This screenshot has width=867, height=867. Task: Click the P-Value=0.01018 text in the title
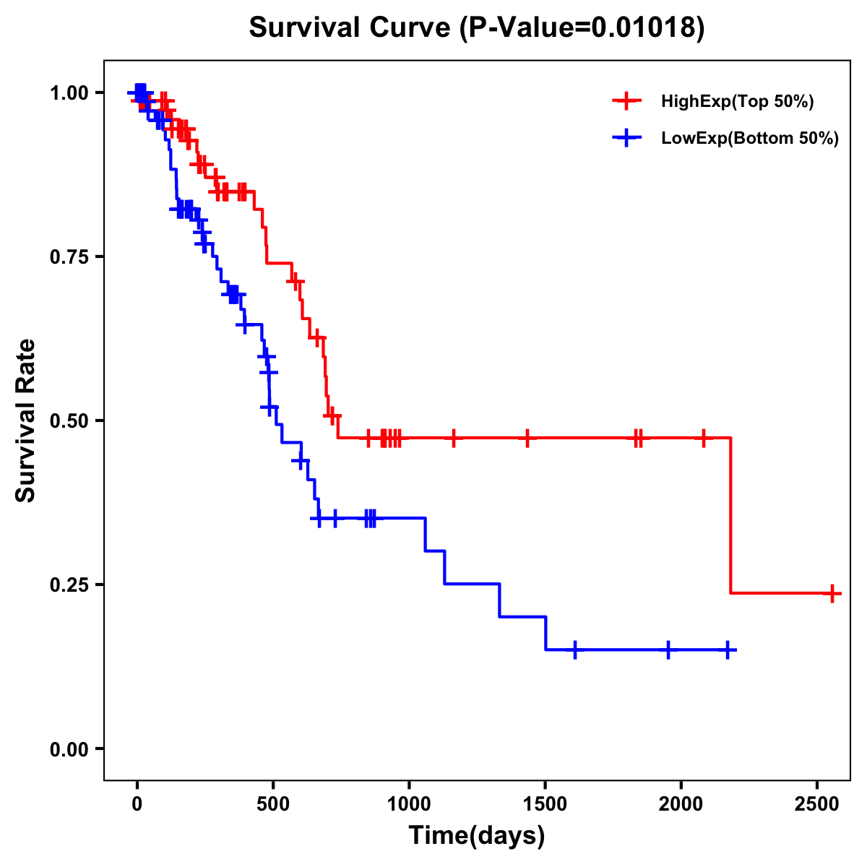click(584, 28)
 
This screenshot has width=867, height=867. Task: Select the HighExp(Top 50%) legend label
click(738, 102)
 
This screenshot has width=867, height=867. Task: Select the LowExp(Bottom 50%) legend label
click(750, 139)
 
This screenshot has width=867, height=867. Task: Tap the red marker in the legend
click(626, 101)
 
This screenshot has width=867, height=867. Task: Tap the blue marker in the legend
click(626, 139)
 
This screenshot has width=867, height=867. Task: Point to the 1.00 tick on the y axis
click(69, 93)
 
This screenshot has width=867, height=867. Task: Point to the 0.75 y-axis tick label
click(69, 257)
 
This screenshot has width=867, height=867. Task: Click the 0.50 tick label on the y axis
click(69, 421)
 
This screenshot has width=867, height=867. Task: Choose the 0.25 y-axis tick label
click(69, 585)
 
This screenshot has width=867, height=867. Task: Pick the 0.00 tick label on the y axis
click(69, 749)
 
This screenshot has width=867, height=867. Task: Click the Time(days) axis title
click(477, 836)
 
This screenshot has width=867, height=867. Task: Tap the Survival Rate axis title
click(26, 420)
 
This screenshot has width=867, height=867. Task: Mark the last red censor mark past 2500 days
click(832, 593)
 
